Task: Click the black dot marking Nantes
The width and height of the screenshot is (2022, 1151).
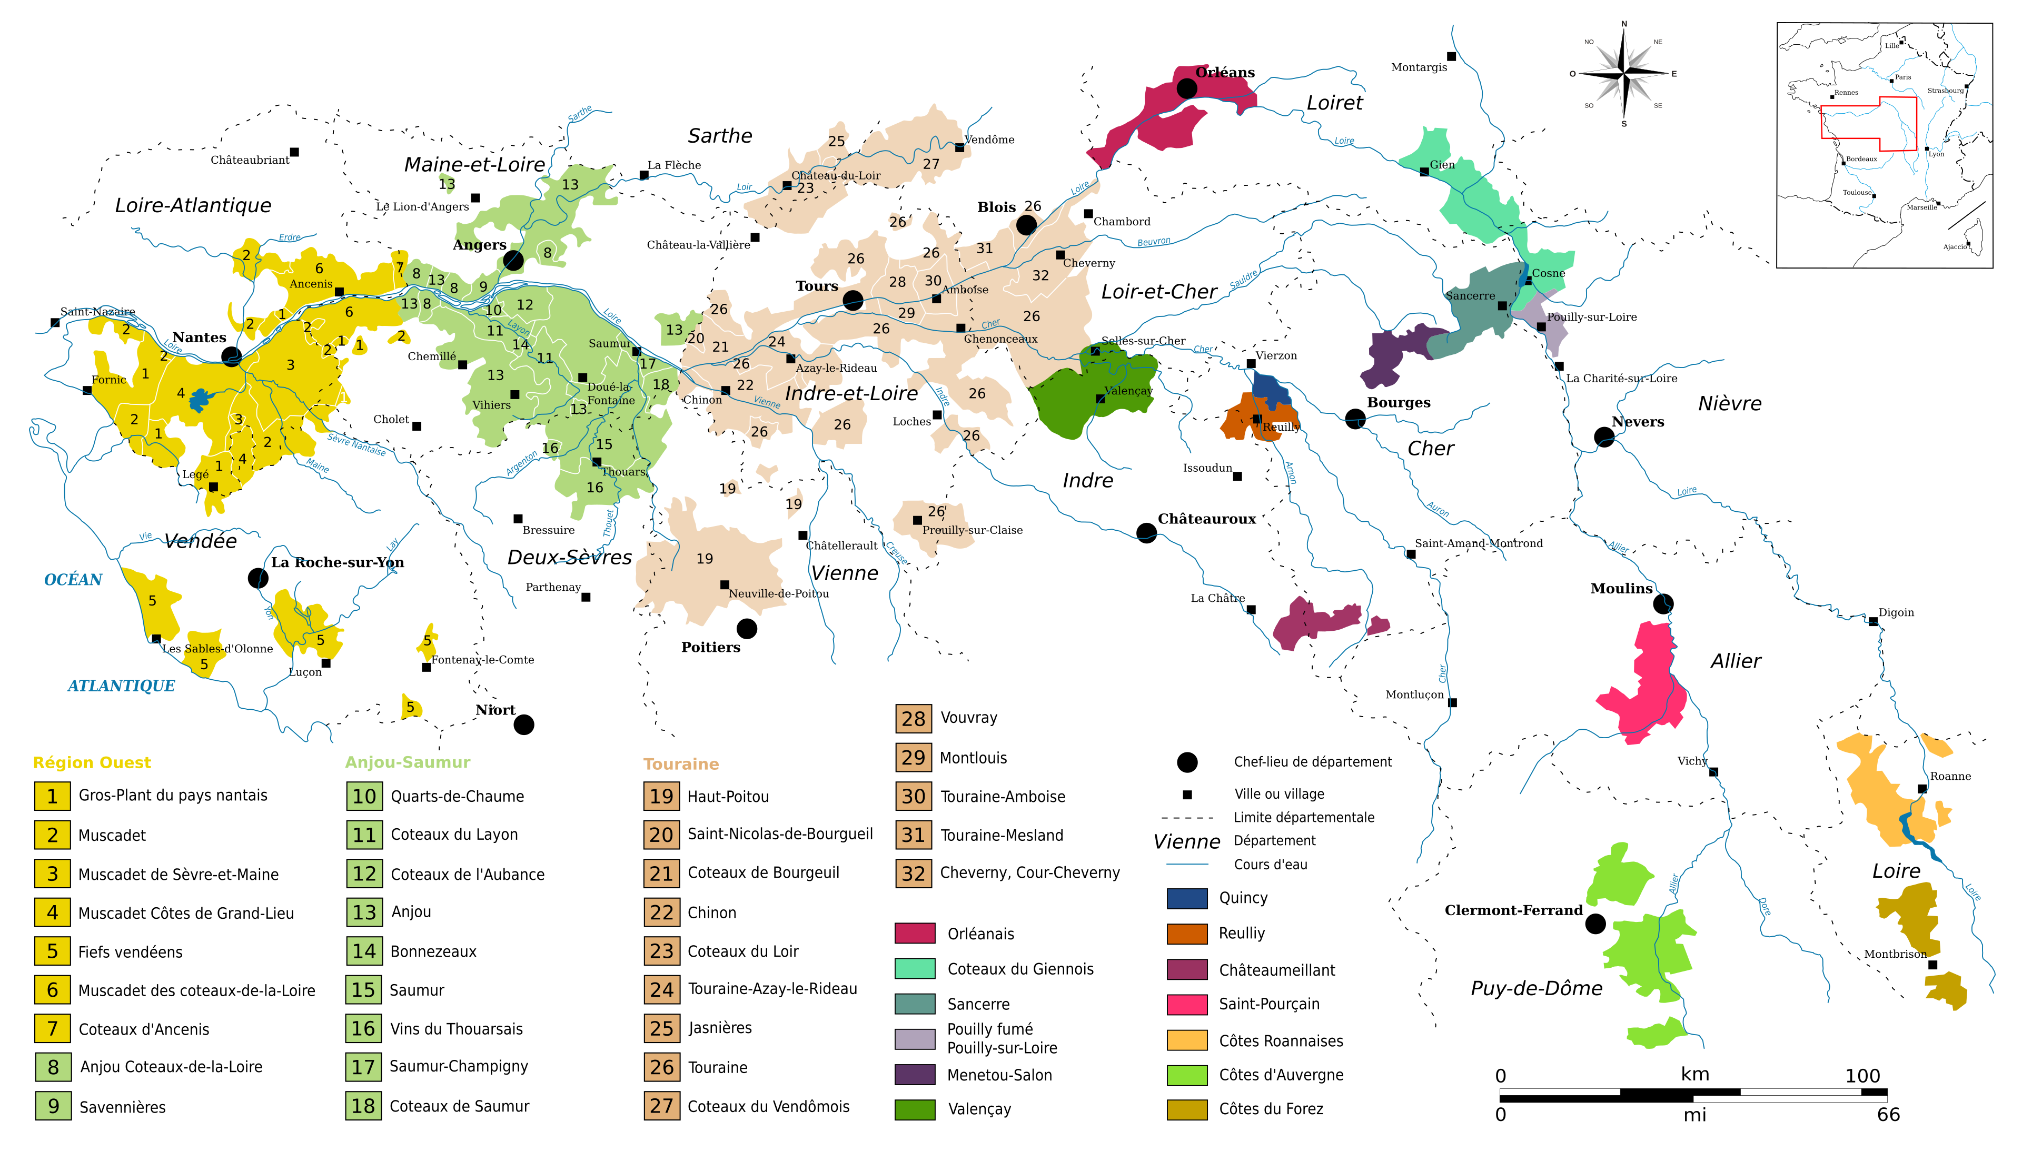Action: coord(231,356)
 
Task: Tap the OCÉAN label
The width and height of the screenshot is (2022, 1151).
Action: coord(73,580)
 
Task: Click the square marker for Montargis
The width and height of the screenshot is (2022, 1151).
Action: coord(1451,56)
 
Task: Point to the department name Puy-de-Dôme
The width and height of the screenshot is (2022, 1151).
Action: coord(1536,988)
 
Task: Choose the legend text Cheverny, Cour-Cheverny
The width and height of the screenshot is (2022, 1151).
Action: coord(1029,873)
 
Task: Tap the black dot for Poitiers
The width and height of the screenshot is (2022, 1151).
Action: coord(746,629)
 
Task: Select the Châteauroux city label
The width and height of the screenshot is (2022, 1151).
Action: coord(1206,519)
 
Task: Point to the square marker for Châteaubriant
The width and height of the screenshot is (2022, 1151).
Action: coord(294,152)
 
